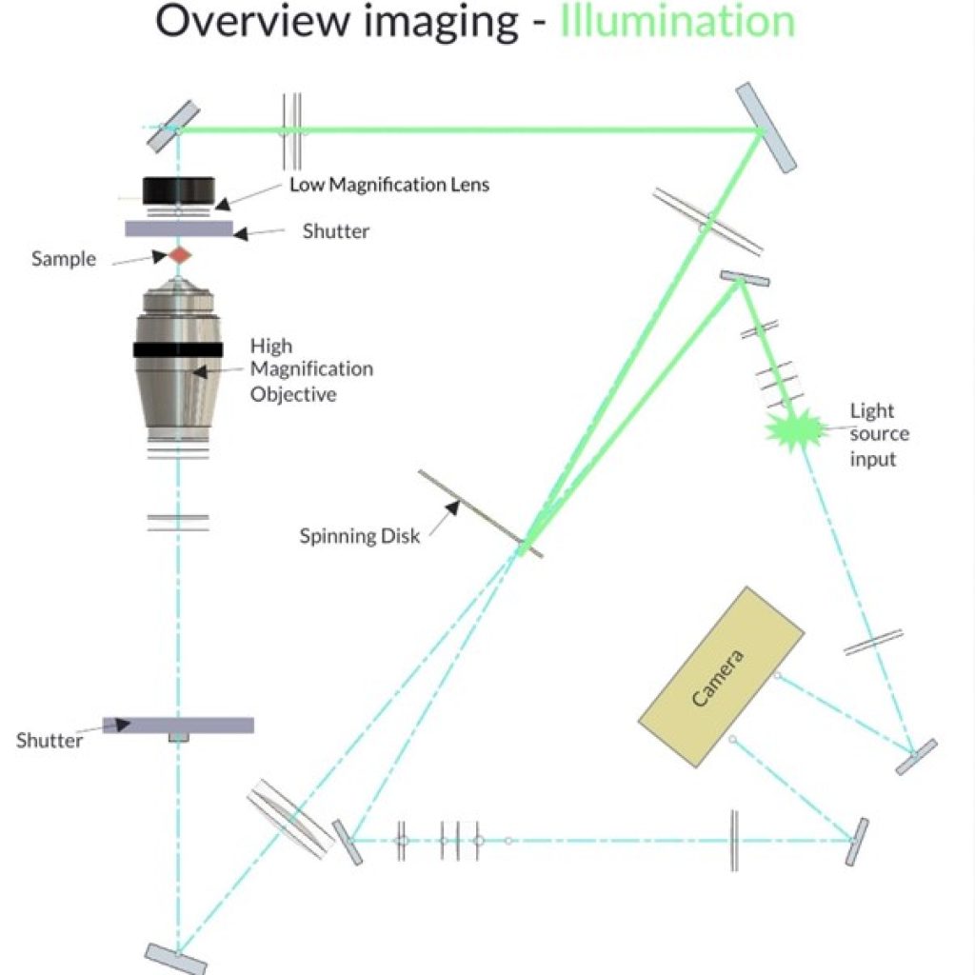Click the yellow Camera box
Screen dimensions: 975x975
coord(722,677)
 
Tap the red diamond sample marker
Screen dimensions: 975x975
coord(180,255)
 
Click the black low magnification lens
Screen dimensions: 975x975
coord(179,190)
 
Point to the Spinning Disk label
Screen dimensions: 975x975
coord(359,536)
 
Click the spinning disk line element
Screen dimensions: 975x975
coord(480,513)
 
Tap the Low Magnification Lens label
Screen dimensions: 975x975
coord(389,185)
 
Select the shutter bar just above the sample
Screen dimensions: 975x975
coord(179,229)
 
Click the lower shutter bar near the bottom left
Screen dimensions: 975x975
coord(178,725)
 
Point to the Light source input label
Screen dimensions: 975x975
coord(879,434)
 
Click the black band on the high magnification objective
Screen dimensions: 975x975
coord(178,349)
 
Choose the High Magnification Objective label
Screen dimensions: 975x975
coord(311,370)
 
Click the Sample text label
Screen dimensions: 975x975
coord(64,259)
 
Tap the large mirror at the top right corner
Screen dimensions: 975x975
coord(766,128)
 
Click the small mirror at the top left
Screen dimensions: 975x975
coord(173,127)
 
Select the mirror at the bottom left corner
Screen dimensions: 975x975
coord(176,959)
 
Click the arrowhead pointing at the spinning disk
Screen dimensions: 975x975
coord(453,507)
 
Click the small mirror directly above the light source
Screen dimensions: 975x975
coord(745,278)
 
